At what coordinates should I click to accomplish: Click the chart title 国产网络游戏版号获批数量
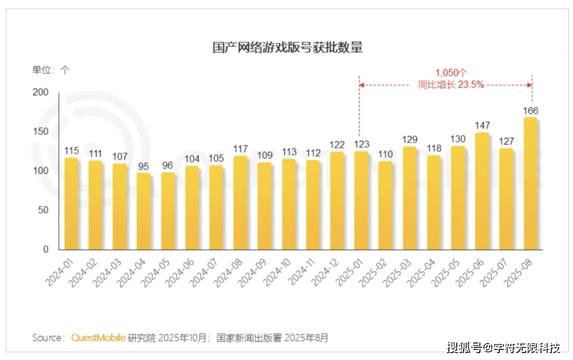288,47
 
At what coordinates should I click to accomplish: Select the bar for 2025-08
531,183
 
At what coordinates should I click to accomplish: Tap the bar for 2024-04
144,211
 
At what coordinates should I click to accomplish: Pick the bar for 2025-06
482,191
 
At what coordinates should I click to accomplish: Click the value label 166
531,111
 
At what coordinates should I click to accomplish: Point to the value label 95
144,166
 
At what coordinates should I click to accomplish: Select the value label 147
482,126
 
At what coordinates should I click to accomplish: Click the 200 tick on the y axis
41,92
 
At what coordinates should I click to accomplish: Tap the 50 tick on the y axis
44,210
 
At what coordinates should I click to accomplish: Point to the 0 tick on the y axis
46,249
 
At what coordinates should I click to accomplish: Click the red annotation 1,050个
451,73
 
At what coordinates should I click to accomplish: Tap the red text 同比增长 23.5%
451,84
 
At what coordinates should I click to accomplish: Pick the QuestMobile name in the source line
99,338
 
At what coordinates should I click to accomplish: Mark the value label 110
386,154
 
